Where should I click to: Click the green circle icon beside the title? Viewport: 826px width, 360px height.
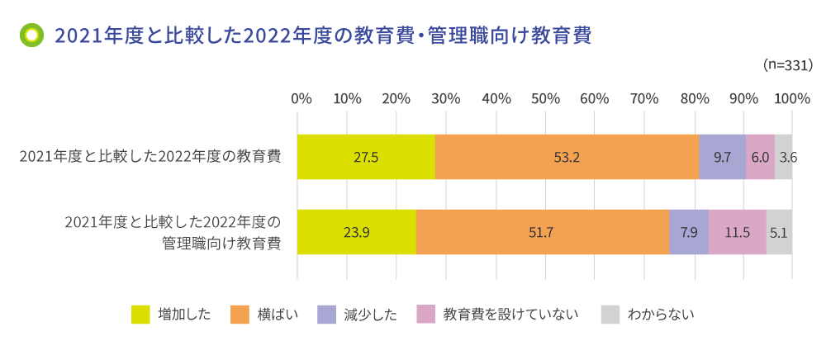pos(32,36)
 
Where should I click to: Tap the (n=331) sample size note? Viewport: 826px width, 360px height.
pos(788,65)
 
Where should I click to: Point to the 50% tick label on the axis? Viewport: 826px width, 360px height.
pos(546,98)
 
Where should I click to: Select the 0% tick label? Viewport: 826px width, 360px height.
pos(301,98)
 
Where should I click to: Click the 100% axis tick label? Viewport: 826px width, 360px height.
pos(793,98)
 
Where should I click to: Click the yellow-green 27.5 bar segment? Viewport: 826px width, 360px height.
pos(366,157)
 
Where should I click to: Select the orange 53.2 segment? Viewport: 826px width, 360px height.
pos(567,157)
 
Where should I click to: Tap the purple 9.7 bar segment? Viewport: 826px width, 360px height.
pos(723,157)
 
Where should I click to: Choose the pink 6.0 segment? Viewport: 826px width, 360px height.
pos(761,157)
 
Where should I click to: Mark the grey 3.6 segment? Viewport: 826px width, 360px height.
pos(783,157)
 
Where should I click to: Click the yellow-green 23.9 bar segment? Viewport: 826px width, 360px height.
pos(357,232)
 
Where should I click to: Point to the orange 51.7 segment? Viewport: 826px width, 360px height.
pos(543,232)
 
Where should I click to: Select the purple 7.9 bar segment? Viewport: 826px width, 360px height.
pos(689,232)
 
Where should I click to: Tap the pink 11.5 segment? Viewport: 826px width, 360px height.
pos(737,232)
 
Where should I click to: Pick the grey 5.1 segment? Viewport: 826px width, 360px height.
pos(779,232)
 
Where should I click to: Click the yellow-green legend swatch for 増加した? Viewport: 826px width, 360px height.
pos(140,315)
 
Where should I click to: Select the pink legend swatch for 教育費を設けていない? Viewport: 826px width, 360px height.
pos(425,315)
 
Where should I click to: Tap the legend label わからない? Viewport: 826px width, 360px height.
pos(661,315)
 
